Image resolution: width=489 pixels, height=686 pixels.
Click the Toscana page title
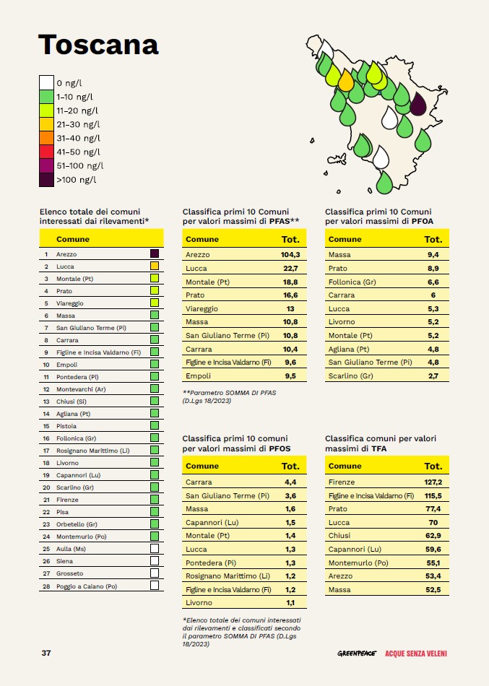[x=98, y=44]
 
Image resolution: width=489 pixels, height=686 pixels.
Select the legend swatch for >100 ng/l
[x=46, y=179]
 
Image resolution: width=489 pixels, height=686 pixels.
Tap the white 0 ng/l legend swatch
[x=46, y=83]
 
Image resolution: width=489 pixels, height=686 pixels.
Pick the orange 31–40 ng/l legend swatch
[x=46, y=138]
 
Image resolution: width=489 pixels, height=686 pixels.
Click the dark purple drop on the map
[x=418, y=105]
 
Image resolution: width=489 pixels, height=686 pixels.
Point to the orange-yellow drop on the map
[x=346, y=79]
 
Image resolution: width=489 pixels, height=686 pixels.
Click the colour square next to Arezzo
[x=155, y=254]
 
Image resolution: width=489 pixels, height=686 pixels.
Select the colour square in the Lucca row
[x=155, y=266]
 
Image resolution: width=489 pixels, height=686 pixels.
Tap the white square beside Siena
[x=155, y=561]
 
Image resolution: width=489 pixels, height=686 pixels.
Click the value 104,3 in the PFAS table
[x=290, y=255]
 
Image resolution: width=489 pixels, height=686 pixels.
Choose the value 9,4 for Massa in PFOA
[x=433, y=255]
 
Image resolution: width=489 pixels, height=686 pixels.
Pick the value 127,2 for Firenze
[x=433, y=481]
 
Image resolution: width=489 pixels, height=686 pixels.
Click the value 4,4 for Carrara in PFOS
[x=290, y=482]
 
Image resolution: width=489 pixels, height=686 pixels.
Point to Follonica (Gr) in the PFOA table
[x=352, y=282]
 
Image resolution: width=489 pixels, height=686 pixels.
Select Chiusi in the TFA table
[x=339, y=536]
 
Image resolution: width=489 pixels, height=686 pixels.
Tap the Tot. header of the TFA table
[x=433, y=466]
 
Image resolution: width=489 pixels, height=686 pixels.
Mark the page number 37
[x=46, y=653]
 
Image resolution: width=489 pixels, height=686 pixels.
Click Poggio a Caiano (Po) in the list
[x=87, y=586]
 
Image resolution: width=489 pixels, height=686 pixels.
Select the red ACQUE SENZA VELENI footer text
[x=416, y=654]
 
